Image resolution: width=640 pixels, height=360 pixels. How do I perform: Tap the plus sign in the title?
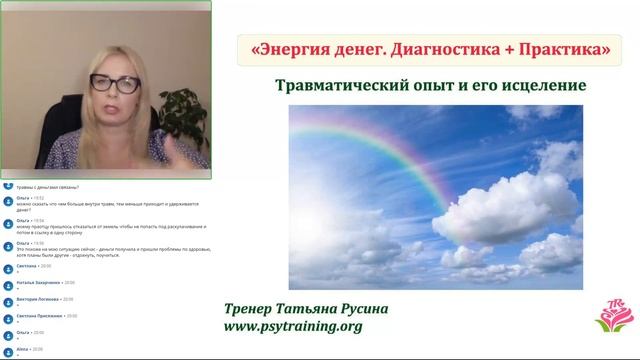point(494,48)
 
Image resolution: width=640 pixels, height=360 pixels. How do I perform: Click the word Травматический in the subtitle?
point(349,86)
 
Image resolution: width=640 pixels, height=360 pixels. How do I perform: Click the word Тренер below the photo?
point(258,281)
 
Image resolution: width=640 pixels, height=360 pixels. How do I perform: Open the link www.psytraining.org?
point(294,299)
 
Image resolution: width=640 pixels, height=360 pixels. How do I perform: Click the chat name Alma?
point(22,349)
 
